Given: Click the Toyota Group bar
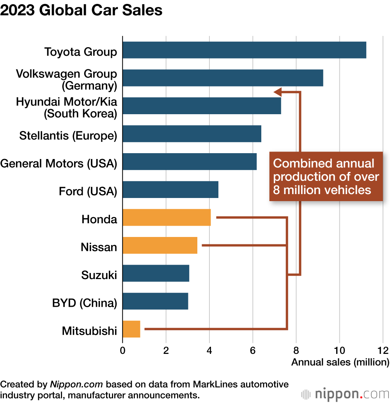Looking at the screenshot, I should [x=245, y=50].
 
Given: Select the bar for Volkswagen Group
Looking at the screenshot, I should [x=223, y=78].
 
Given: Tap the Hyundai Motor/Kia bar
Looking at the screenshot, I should [x=202, y=106].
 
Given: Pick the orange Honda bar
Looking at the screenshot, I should [x=167, y=217].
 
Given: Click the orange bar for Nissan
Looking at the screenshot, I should [x=160, y=246].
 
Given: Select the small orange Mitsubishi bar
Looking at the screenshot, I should [x=131, y=329].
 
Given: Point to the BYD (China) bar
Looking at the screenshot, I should [x=155, y=301].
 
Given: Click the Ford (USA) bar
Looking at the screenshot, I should [x=170, y=190].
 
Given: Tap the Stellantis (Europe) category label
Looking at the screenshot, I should [x=68, y=136].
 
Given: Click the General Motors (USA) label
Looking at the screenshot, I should [x=58, y=163].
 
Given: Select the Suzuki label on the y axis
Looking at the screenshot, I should [x=99, y=275].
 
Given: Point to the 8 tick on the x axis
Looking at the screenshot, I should [x=296, y=350].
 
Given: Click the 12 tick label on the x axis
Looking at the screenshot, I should [x=383, y=350].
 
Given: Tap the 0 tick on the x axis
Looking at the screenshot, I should [x=122, y=350].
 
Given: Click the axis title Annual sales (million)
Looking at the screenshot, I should [x=340, y=362].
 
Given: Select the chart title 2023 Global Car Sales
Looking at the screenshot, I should [x=82, y=10].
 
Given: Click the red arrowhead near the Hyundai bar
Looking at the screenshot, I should [x=278, y=92].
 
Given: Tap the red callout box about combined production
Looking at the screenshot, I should [x=326, y=177].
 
